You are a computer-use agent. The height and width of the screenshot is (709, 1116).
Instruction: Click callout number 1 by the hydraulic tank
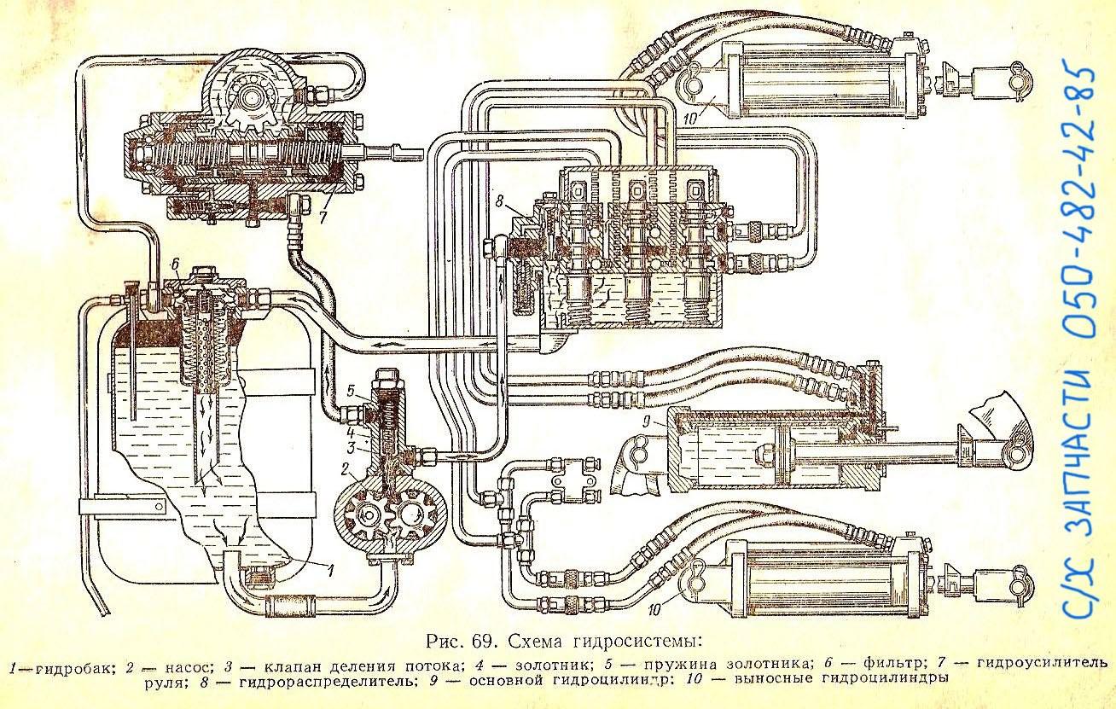pyautogui.click(x=329, y=569)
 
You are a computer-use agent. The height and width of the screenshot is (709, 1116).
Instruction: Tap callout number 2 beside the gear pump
pyautogui.click(x=345, y=468)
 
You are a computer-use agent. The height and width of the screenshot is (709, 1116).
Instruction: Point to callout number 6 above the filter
pyautogui.click(x=175, y=265)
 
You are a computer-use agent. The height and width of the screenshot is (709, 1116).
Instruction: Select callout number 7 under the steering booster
pyautogui.click(x=323, y=217)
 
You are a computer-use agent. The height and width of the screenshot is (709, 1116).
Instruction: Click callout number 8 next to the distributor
pyautogui.click(x=500, y=200)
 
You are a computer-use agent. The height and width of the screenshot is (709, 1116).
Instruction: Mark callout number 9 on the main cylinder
pyautogui.click(x=646, y=423)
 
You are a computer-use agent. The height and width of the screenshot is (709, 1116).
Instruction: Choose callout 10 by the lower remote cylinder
pyautogui.click(x=654, y=609)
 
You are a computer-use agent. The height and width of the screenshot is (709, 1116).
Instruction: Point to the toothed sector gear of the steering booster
pyautogui.click(x=250, y=106)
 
